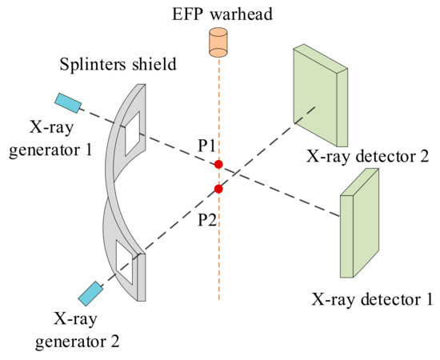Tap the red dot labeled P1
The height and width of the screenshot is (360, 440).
pyautogui.click(x=218, y=165)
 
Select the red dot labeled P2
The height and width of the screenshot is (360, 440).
pyautogui.click(x=218, y=189)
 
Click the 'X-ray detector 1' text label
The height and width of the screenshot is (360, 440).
pyautogui.click(x=372, y=300)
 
